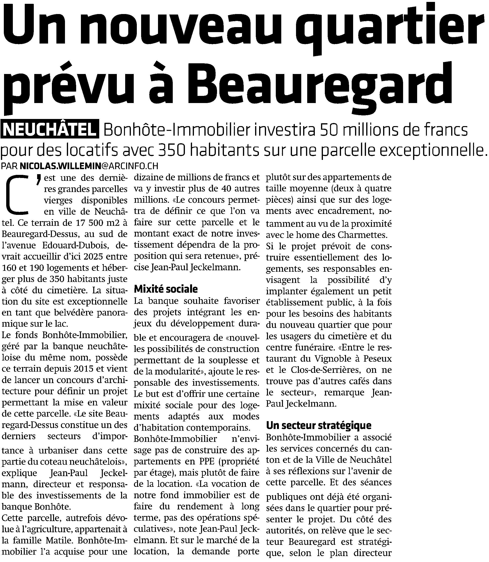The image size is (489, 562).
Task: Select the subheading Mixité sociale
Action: (166, 289)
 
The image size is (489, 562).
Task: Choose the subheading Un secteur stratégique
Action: (318, 425)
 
